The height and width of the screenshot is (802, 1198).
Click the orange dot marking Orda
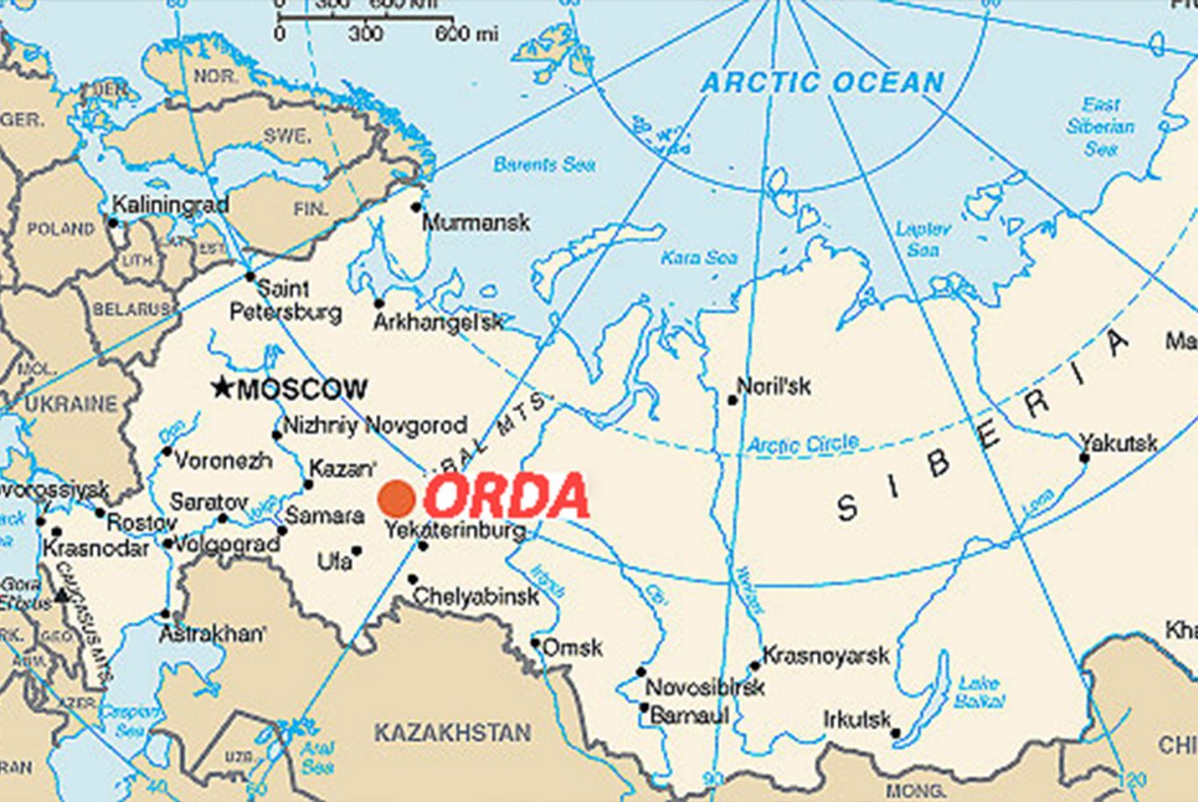(396, 498)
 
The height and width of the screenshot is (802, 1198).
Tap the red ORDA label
(506, 496)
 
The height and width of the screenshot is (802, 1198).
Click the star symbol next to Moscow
(224, 387)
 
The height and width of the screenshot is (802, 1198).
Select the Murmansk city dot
(417, 208)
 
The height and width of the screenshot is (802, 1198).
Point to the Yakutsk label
(1118, 443)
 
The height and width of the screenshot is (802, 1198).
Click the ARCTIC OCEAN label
(823, 83)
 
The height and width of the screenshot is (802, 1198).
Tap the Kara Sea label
(699, 258)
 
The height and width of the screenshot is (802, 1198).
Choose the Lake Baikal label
(977, 692)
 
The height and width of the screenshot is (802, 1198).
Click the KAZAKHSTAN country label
(453, 733)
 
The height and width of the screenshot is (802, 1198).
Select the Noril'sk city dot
(732, 400)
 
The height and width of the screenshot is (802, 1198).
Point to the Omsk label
(573, 648)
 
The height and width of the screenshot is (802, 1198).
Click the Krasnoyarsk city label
(825, 655)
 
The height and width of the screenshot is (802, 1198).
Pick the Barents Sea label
(545, 164)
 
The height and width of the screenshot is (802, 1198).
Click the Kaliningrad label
(170, 204)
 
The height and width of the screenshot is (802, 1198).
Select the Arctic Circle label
(802, 444)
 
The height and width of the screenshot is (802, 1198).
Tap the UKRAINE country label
(70, 405)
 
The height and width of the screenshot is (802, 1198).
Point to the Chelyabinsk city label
(475, 597)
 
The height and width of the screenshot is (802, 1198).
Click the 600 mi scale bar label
(466, 34)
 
